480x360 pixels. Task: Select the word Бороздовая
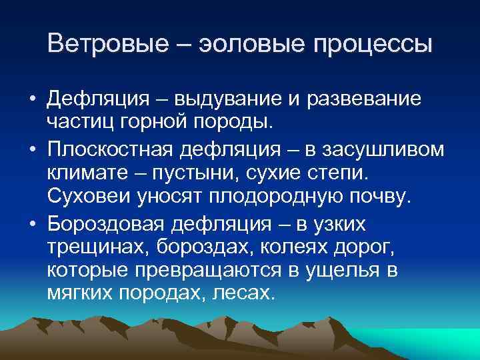[109, 223]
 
